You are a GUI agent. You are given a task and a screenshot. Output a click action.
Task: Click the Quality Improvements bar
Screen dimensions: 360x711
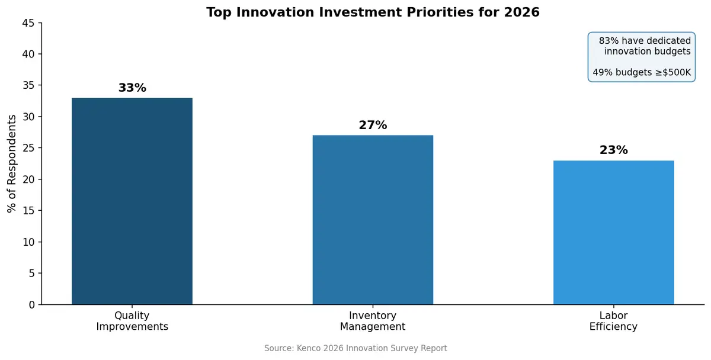(x=132, y=201)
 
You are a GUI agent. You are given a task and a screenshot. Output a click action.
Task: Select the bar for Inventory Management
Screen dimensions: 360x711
(x=373, y=220)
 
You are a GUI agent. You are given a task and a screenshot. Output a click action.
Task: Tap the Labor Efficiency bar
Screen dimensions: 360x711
(x=613, y=232)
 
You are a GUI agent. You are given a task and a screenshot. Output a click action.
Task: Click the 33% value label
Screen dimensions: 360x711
(x=132, y=88)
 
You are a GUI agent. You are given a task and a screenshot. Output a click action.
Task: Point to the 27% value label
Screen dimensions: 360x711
(x=373, y=126)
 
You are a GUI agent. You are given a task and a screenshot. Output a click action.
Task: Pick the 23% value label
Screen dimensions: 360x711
(x=613, y=150)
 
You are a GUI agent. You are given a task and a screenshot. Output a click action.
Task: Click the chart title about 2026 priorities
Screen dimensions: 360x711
(x=373, y=12)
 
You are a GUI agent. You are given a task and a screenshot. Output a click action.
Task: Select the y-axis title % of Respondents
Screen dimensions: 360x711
(x=12, y=163)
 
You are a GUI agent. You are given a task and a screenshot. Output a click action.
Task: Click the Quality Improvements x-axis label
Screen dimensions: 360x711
(x=132, y=321)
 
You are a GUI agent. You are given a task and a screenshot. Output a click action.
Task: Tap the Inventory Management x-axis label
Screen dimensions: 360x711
(x=373, y=321)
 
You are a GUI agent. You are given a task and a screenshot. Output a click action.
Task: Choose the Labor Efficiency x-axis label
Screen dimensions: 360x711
(x=613, y=321)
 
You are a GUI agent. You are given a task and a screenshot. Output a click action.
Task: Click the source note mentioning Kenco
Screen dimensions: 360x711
(x=355, y=349)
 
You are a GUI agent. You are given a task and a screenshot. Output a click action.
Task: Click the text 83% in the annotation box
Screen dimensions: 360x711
(x=608, y=41)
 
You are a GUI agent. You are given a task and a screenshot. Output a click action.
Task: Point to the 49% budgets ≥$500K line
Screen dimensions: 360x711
(x=642, y=73)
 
